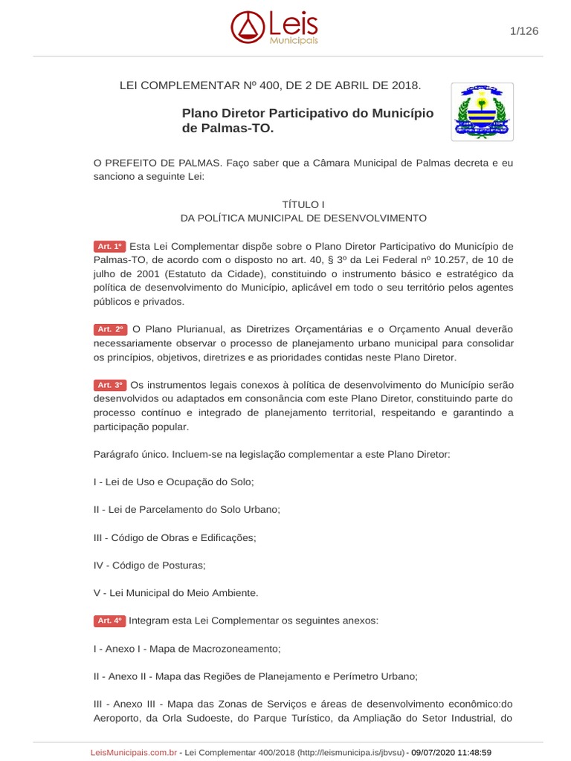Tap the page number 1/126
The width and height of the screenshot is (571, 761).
(524, 30)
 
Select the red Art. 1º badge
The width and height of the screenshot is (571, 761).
(109, 246)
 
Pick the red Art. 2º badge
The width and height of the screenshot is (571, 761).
(109, 329)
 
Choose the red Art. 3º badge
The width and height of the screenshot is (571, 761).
(109, 385)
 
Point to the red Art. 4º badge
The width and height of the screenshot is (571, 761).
(109, 621)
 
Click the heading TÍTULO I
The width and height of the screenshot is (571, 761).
(303, 204)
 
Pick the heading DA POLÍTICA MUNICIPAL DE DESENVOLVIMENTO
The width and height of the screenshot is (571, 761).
(303, 218)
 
